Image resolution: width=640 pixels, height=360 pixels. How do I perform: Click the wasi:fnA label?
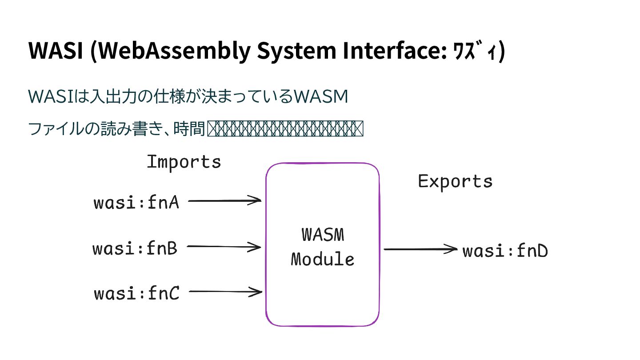coord(136,203)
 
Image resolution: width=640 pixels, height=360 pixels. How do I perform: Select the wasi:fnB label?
coord(135,248)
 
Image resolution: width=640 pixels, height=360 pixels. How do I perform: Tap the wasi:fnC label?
coord(136,294)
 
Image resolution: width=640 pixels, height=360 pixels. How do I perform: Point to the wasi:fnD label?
coord(505,252)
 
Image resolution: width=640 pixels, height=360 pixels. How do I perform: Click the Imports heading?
coord(184,162)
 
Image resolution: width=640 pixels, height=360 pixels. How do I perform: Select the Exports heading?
coord(455,181)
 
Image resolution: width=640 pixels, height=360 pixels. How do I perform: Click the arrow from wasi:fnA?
coord(225,201)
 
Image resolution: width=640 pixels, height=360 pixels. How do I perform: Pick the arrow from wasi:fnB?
coord(224,247)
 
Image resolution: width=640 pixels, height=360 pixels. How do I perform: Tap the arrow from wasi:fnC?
coord(226,292)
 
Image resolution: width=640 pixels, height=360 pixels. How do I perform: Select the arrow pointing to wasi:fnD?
coord(420,249)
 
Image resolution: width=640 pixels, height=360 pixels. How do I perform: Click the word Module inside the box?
coord(323,259)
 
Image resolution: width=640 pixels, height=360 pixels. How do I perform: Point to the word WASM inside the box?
coord(323,235)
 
